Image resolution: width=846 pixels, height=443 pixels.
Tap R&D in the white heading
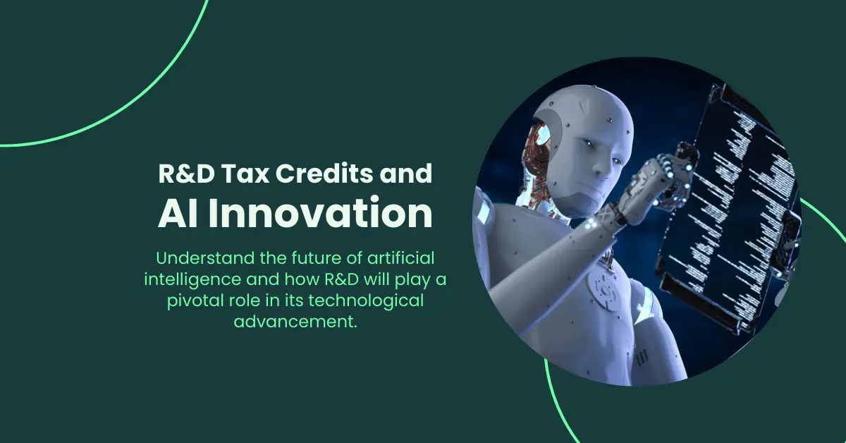pos(179,175)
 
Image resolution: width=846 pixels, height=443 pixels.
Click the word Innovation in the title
pos(321,214)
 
